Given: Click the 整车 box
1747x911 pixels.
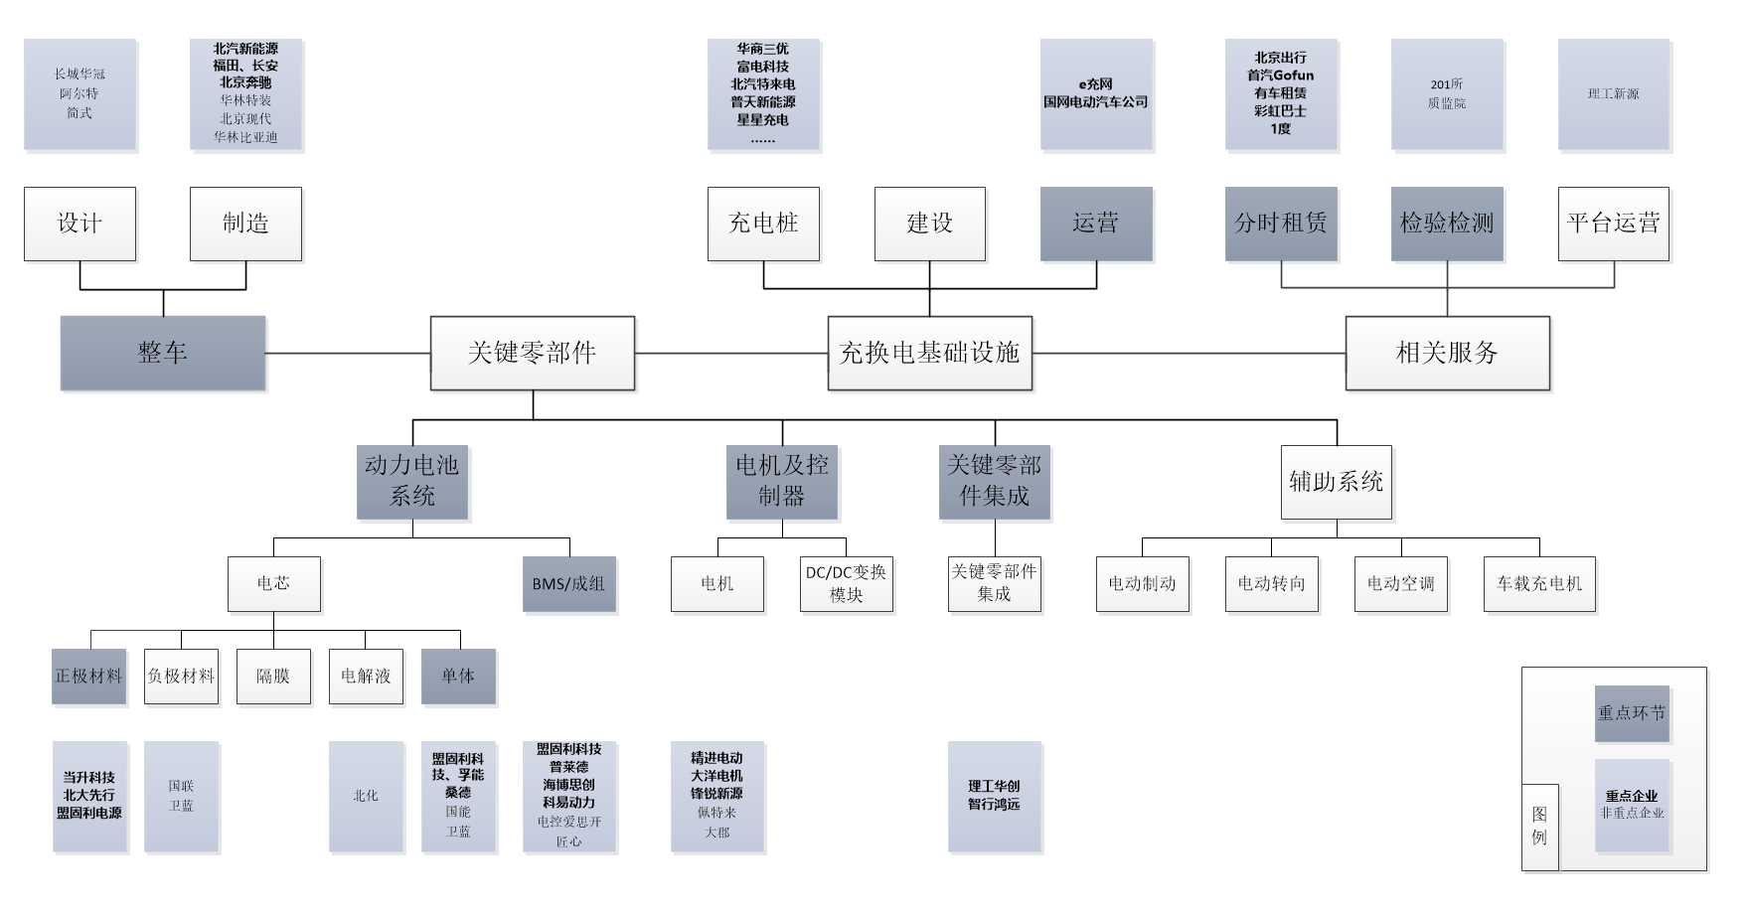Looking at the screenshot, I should tap(163, 353).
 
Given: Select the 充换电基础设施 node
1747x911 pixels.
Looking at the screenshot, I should tap(929, 353).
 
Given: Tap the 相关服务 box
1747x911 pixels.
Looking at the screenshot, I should tap(1447, 353).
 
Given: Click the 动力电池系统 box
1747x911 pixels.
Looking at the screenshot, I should tap(412, 482).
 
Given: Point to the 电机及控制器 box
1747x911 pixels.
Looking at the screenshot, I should tap(782, 482).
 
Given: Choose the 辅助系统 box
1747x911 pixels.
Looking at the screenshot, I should tap(1336, 482).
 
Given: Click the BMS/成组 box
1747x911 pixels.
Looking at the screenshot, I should tap(568, 584).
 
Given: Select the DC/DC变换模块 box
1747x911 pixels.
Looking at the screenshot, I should tap(846, 584).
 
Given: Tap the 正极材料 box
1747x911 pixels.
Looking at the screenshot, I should tap(88, 677).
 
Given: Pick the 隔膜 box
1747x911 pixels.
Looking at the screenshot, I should tap(273, 677).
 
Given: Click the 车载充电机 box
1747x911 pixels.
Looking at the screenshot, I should tap(1539, 584).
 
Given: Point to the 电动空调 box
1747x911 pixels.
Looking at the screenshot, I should tap(1401, 584).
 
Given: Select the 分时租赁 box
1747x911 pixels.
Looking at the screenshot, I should tap(1281, 224).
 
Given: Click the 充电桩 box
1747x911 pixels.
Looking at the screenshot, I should tap(763, 224).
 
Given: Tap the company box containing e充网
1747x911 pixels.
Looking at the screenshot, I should tap(1096, 94).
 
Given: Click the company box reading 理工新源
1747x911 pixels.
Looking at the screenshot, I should tap(1614, 94).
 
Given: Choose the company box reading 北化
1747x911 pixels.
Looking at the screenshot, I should tap(366, 797).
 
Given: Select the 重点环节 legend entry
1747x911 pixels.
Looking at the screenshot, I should tap(1632, 713).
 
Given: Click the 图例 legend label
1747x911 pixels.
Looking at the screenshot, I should tap(1539, 827).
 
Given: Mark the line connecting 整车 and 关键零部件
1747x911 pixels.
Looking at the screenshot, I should tap(348, 353).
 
